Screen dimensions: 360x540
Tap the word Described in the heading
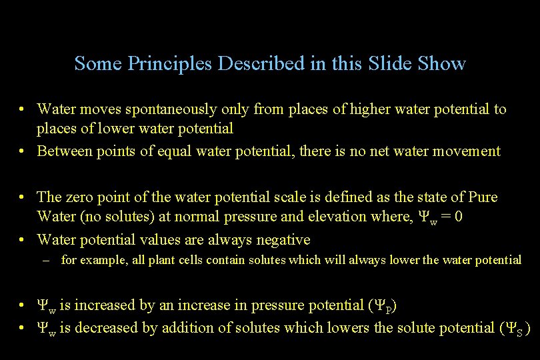[x=261, y=64]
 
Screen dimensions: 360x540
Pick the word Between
[x=62, y=151]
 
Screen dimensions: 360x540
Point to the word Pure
[x=483, y=197]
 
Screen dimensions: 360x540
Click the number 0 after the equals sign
[x=471, y=217]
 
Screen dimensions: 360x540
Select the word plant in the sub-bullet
[x=145, y=260]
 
